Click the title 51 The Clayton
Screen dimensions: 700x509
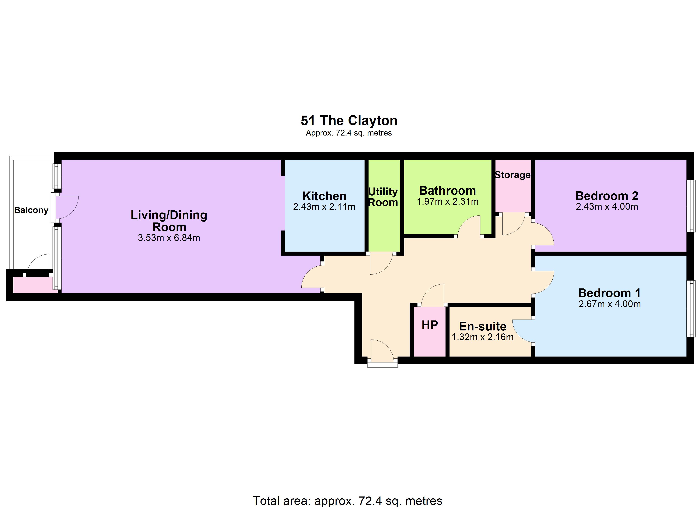click(x=349, y=121)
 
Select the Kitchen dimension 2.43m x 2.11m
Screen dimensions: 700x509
click(x=324, y=207)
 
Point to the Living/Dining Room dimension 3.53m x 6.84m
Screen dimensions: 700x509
click(x=169, y=238)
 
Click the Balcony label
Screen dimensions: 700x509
click(x=31, y=210)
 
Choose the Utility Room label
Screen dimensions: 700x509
click(x=383, y=197)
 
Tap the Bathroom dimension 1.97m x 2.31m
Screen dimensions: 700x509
click(x=448, y=201)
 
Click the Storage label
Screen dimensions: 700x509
click(x=513, y=175)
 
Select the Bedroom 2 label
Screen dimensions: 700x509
click(x=607, y=196)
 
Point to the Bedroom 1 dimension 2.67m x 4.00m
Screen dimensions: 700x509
click(x=610, y=304)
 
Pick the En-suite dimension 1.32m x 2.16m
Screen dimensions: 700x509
click(x=483, y=337)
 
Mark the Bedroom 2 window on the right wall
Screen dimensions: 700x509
click(x=693, y=206)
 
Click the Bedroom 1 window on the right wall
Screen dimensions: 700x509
click(x=693, y=309)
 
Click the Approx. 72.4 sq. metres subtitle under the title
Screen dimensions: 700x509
click(x=349, y=133)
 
